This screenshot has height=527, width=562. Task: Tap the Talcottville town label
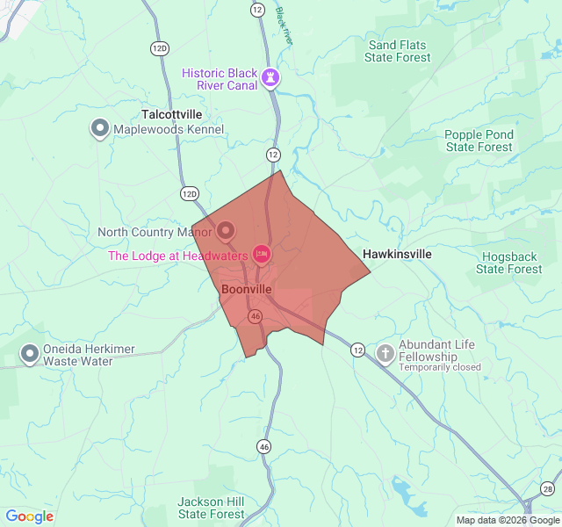pos(172,115)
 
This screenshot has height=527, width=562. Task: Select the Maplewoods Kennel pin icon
pos(99,129)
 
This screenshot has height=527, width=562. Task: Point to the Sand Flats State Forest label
pos(398,51)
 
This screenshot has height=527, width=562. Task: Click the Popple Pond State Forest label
pos(479,141)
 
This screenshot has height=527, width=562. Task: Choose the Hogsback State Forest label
pos(509,263)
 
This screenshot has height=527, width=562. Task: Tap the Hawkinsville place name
pos(397,254)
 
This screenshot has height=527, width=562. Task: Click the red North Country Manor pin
pos(226,231)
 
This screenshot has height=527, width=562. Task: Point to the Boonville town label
pos(247,289)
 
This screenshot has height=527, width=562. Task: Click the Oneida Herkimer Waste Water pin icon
pos(30,354)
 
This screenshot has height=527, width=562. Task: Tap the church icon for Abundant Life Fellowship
pos(385,353)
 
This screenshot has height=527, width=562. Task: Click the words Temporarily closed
pos(440,367)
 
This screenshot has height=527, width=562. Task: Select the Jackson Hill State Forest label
pos(211,508)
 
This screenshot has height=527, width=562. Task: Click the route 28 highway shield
pos(548,488)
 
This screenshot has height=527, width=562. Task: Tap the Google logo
pos(30,516)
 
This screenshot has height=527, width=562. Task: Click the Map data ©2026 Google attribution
pos(507,520)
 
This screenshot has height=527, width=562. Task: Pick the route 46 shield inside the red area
pos(255,316)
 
